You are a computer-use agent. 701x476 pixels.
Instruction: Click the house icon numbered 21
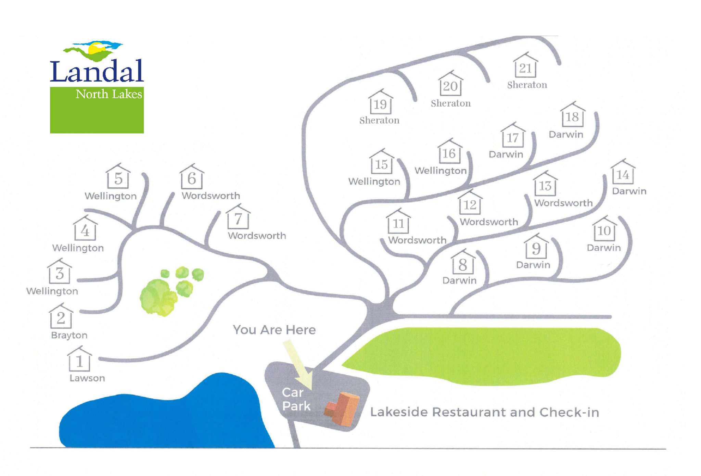[x=525, y=66]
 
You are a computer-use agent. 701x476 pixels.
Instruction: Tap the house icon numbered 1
[x=79, y=360]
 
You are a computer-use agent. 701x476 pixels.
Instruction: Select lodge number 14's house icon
[x=623, y=173]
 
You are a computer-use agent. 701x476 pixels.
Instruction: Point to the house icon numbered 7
[x=238, y=217]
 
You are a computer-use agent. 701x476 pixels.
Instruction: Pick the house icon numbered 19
[x=380, y=102]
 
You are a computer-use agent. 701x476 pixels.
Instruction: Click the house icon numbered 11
[x=398, y=222]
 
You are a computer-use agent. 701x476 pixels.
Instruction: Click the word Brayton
[x=69, y=335]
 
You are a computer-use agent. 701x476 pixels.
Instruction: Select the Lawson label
[x=87, y=378]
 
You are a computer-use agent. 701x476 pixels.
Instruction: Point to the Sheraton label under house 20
[x=450, y=103]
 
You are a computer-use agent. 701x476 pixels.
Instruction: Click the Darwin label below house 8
[x=459, y=280]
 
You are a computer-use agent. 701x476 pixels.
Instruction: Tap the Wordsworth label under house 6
[x=211, y=196]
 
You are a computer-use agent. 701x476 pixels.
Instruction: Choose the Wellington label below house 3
[x=52, y=291]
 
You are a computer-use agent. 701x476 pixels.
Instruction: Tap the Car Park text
[x=295, y=399]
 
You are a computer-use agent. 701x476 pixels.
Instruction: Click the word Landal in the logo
[x=97, y=71]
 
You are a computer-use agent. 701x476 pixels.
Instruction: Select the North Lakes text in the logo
[x=109, y=94]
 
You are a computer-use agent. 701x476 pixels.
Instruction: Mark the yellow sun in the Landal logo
[x=97, y=48]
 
